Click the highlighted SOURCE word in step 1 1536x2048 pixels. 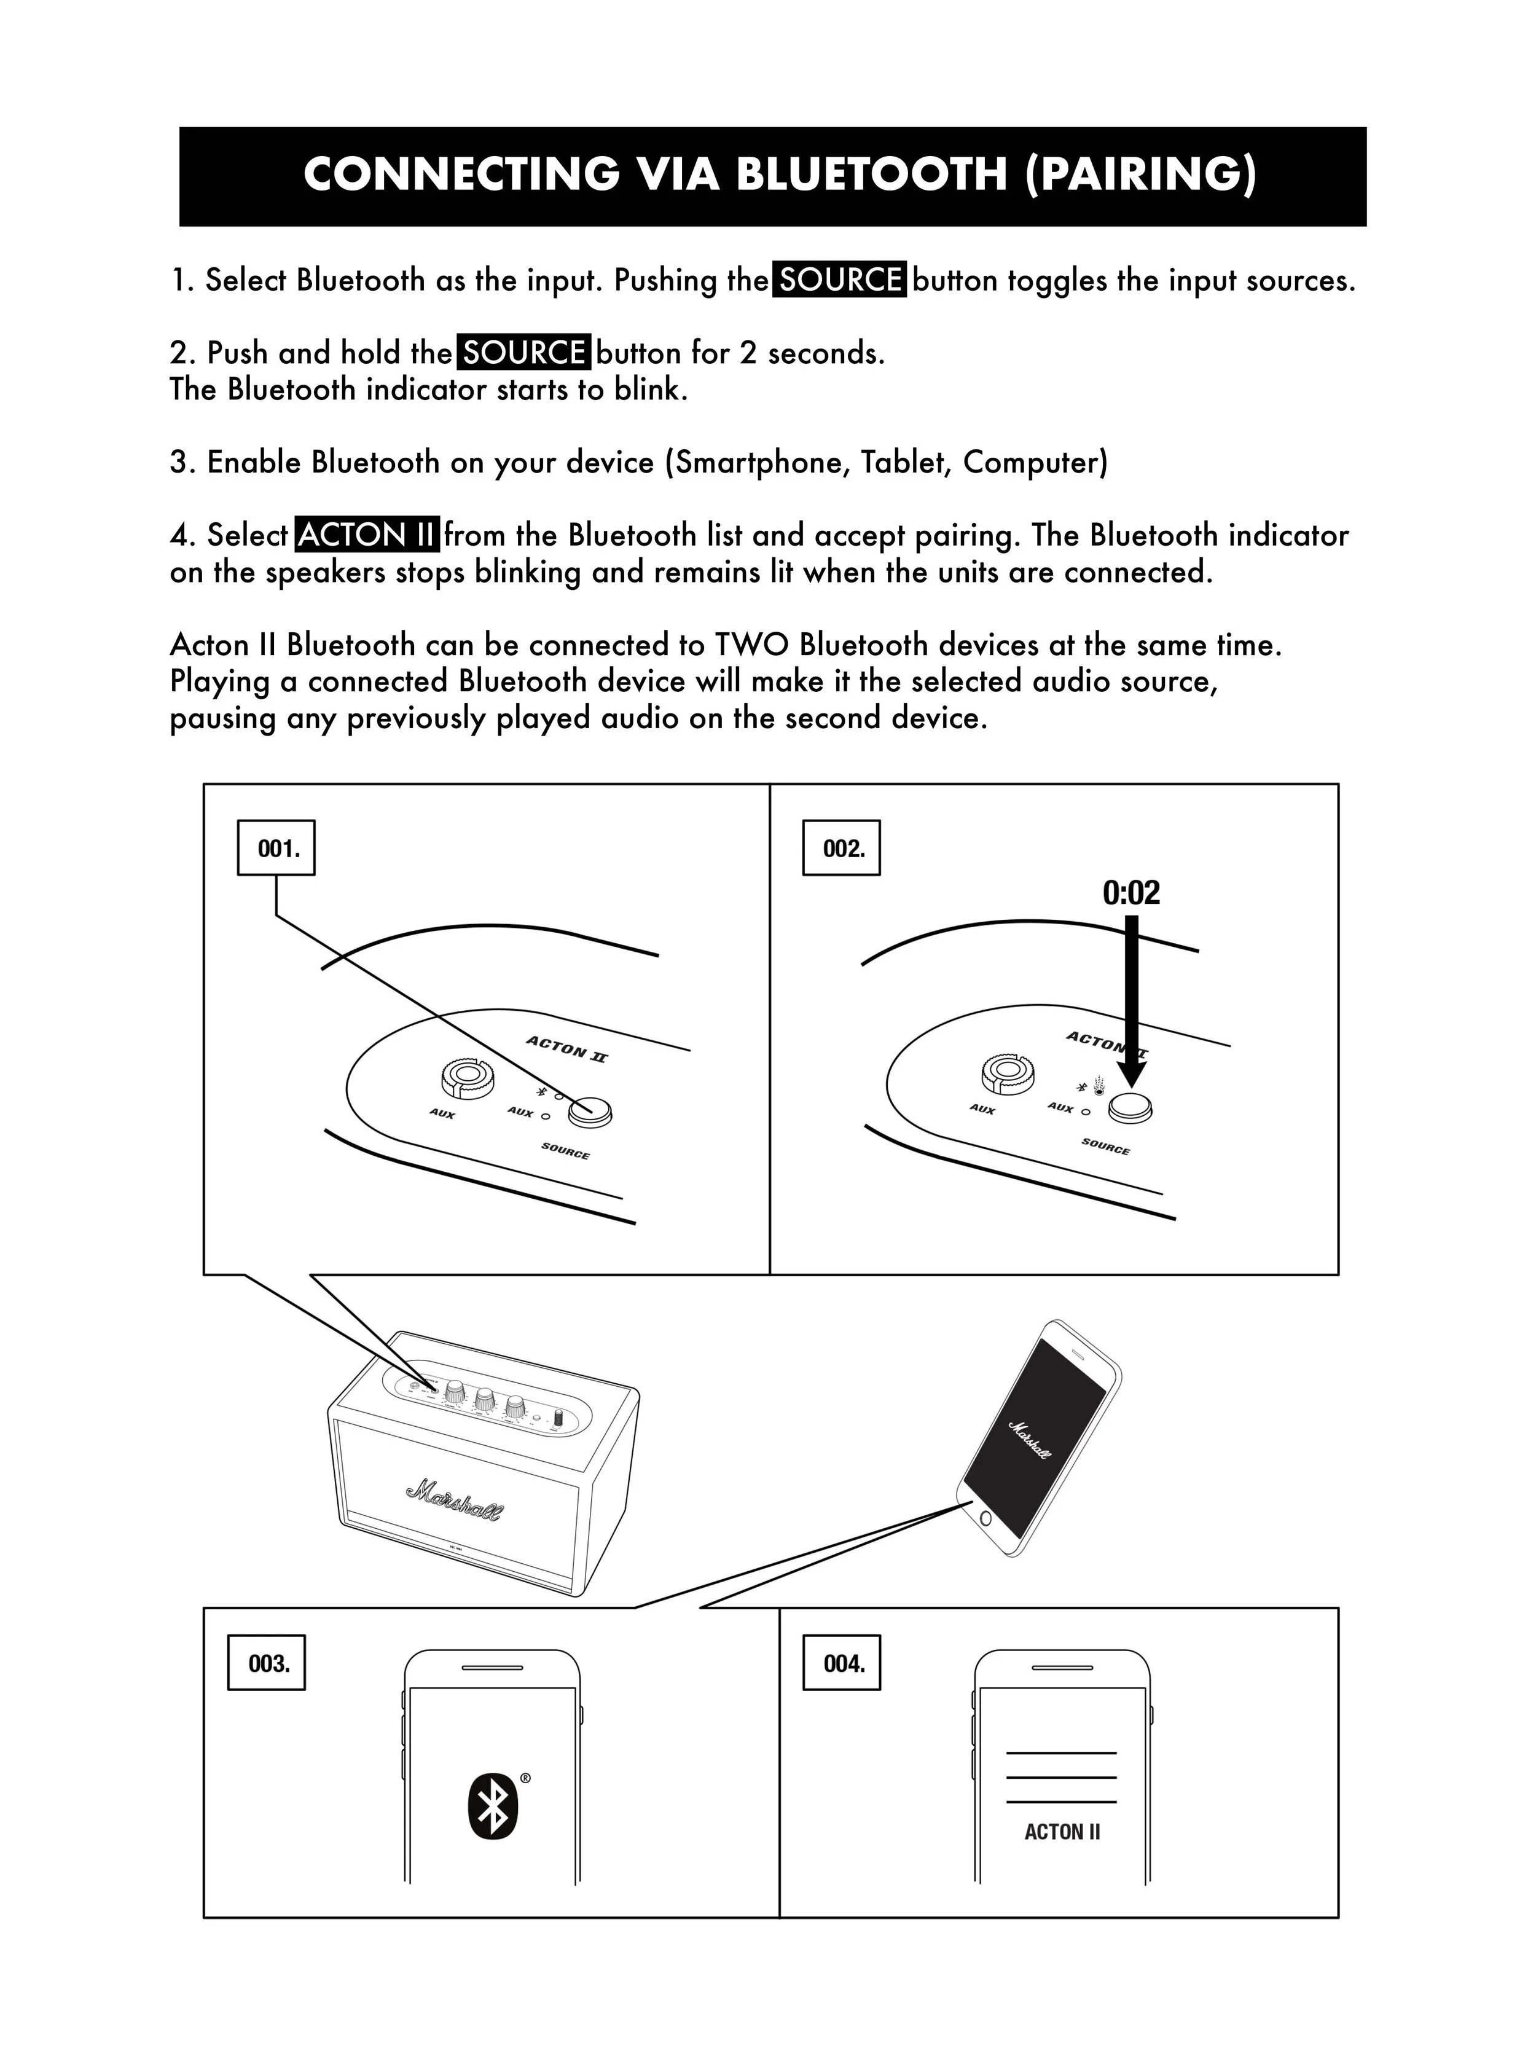pos(839,280)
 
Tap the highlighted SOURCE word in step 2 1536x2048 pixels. pos(523,353)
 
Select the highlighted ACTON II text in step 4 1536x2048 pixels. pos(367,535)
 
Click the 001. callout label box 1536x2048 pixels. pos(276,847)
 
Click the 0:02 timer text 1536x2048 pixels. pos(1130,893)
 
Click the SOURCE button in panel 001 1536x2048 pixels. pos(590,1112)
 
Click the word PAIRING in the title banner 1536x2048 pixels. pos(1142,174)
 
